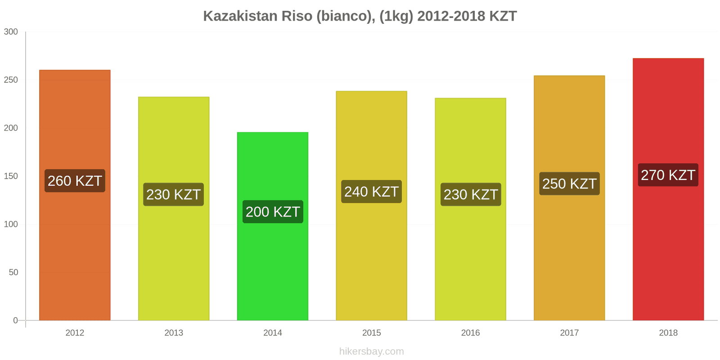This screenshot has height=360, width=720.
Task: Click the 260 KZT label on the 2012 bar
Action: tap(75, 181)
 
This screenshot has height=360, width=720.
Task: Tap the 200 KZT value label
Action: tap(273, 211)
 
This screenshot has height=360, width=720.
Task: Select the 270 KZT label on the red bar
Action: tap(668, 175)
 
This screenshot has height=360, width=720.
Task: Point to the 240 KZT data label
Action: tap(371, 192)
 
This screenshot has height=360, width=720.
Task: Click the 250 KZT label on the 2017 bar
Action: tap(569, 184)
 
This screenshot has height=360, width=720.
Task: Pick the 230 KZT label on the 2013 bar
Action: tap(173, 194)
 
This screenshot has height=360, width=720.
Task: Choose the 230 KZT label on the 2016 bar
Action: tap(470, 194)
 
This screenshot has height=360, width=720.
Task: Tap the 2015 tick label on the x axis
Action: tap(371, 333)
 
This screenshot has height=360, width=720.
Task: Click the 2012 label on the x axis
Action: tap(75, 333)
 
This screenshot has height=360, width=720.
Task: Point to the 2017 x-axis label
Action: tap(569, 333)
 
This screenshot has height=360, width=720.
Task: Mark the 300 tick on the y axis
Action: tap(11, 32)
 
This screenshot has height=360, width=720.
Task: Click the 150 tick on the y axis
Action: tap(11, 176)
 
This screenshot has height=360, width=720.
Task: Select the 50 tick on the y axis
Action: tap(13, 273)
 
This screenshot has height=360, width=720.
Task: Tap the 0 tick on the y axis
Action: tap(15, 321)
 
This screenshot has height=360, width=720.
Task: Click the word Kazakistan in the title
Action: tap(240, 16)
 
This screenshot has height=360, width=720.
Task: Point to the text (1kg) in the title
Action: tap(396, 16)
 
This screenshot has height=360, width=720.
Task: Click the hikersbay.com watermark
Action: tap(371, 351)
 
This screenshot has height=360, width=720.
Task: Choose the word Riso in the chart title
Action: tap(297, 16)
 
